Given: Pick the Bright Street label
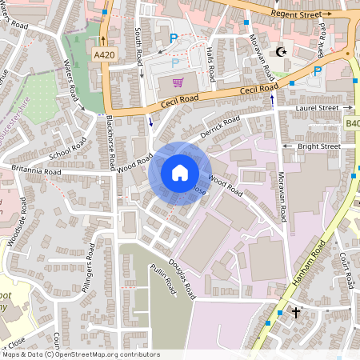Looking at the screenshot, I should [318, 146].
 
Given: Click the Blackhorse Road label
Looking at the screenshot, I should [109, 143].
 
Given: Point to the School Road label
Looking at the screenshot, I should [68, 147].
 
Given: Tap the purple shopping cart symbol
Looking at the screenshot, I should [178, 82].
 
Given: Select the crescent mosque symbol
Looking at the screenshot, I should [280, 52].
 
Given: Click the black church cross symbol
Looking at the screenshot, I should [295, 311].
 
